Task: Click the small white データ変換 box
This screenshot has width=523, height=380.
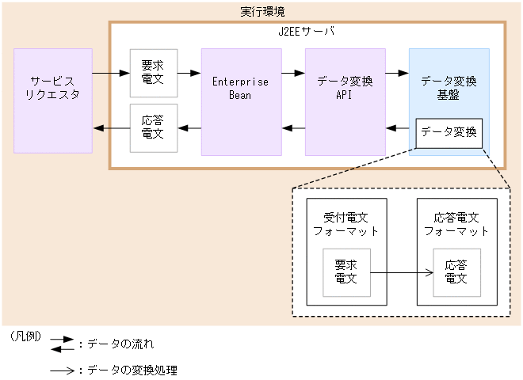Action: (449, 132)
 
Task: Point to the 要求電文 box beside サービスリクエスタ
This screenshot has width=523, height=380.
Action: (153, 73)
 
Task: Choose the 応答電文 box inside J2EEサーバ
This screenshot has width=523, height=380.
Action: (153, 127)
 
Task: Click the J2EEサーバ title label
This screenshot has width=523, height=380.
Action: (307, 32)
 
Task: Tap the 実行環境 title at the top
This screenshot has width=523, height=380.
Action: (262, 11)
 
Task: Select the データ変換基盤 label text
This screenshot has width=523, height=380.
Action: (449, 88)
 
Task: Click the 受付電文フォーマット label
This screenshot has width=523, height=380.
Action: (345, 224)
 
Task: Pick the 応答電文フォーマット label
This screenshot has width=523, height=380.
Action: (456, 224)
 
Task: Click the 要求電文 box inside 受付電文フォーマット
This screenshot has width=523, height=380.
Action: (345, 272)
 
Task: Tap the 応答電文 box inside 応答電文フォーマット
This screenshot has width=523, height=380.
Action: (456, 272)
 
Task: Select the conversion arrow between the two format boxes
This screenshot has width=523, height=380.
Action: (401, 273)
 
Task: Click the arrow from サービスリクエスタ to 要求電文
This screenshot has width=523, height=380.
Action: (111, 74)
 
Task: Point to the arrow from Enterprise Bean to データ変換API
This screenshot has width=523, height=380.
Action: (293, 74)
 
